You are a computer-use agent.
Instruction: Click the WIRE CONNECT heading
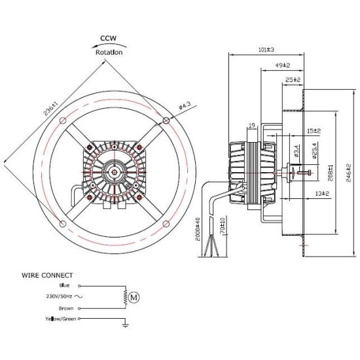point(48,276)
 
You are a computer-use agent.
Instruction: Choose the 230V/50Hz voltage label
point(58,296)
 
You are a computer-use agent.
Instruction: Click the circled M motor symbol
point(135,297)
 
